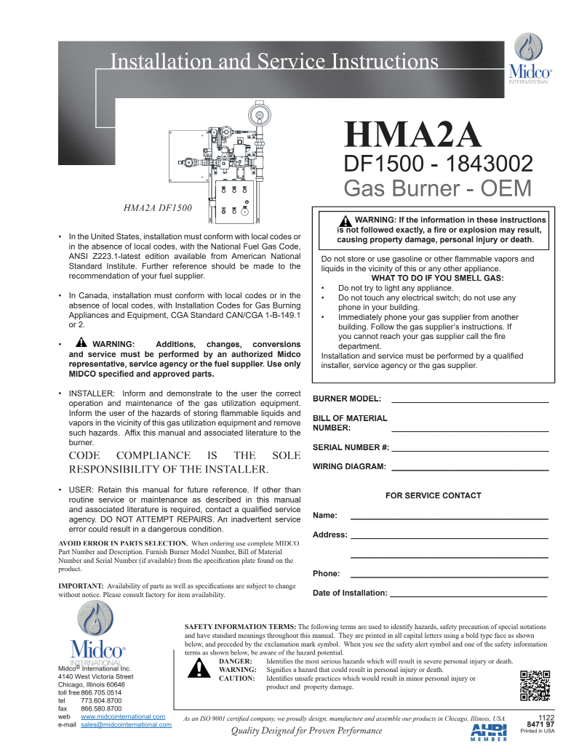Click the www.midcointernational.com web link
point(123,716)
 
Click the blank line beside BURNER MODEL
point(469,401)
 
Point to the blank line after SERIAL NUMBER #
point(469,449)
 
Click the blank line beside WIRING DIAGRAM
point(469,468)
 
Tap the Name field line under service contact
point(449,517)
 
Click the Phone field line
point(449,575)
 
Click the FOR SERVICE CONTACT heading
point(433,495)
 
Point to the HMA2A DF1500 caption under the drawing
point(157,208)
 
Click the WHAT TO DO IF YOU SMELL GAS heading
point(437,278)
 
